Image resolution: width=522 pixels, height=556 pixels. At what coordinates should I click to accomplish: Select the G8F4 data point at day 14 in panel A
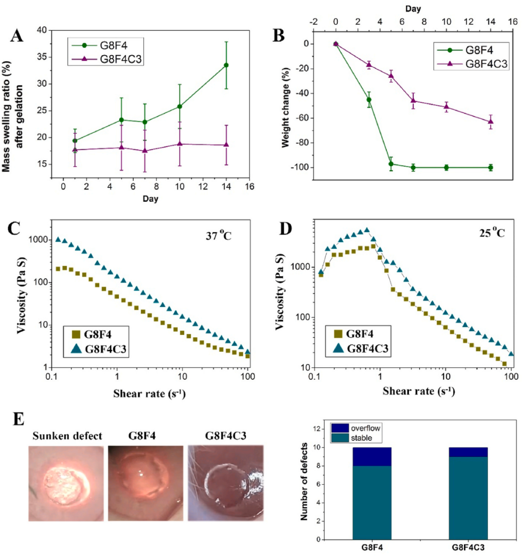[x=226, y=65]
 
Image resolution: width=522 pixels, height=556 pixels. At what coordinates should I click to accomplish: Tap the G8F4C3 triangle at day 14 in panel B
[x=491, y=121]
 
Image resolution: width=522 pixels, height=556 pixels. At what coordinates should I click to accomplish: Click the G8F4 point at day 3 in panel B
[x=369, y=100]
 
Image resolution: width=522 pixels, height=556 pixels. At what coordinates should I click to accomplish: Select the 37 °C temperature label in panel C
[x=218, y=236]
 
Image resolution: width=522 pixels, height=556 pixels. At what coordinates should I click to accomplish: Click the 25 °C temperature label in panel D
[x=492, y=233]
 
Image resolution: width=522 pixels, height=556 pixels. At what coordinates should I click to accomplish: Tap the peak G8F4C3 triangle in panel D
[x=366, y=230]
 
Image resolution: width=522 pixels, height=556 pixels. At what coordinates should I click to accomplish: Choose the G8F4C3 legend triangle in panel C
[x=76, y=349]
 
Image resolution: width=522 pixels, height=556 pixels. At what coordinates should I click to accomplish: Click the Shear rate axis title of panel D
[x=419, y=391]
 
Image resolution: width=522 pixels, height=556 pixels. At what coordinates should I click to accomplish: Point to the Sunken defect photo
[x=66, y=483]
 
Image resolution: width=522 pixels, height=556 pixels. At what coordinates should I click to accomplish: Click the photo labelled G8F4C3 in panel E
[x=226, y=483]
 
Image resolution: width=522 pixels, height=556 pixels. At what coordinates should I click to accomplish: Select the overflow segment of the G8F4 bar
[x=372, y=457]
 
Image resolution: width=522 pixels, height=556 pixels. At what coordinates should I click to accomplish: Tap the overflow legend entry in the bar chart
[x=357, y=428]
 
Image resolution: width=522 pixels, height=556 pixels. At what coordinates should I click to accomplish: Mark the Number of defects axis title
[x=304, y=481]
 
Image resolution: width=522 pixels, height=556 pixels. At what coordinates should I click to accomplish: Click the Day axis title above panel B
[x=413, y=9]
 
